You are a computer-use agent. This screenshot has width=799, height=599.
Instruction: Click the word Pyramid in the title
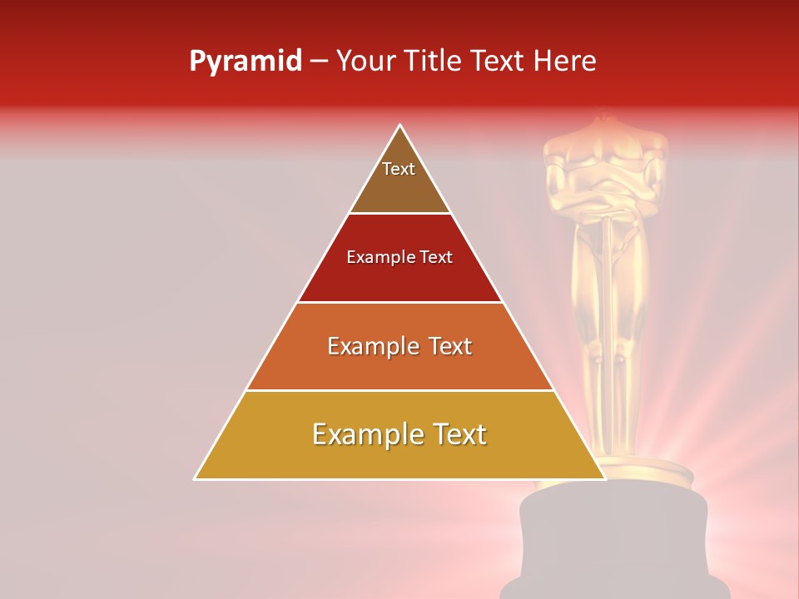tap(245, 62)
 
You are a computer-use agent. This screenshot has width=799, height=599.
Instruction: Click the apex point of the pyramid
tap(400, 126)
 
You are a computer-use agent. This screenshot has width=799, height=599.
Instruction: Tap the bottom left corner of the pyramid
tap(196, 478)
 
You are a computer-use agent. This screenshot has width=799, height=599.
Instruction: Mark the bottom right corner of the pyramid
tap(604, 478)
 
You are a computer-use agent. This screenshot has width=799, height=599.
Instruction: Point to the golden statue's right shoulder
tap(559, 154)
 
